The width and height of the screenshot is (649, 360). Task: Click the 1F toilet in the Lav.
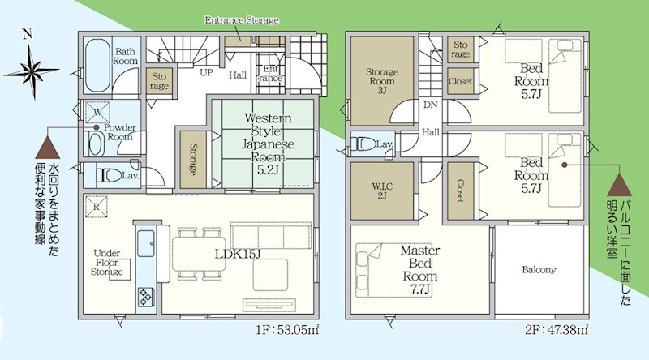pyautogui.click(x=109, y=174)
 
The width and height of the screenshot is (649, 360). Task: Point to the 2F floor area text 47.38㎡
pyautogui.click(x=559, y=332)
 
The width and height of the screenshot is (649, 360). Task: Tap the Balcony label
pyautogui.click(x=539, y=270)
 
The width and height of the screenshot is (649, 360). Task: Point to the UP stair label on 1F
pyautogui.click(x=208, y=72)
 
